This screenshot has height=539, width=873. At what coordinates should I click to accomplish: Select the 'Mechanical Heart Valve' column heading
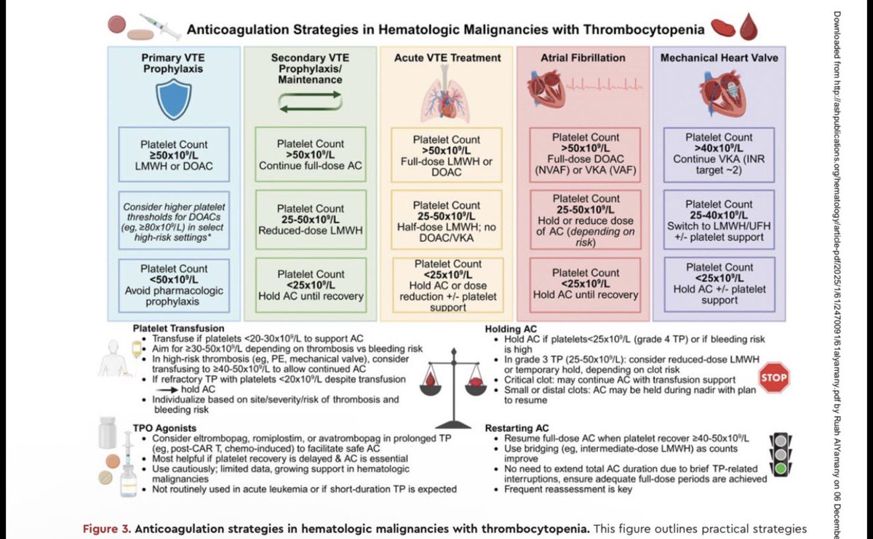(719, 57)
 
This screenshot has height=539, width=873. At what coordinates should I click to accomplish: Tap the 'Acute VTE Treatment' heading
(447, 57)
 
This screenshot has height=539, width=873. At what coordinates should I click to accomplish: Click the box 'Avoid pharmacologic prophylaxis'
(174, 284)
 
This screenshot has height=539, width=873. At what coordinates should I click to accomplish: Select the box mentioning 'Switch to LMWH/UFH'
(719, 219)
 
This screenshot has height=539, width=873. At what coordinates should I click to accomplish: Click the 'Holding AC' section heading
(511, 328)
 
